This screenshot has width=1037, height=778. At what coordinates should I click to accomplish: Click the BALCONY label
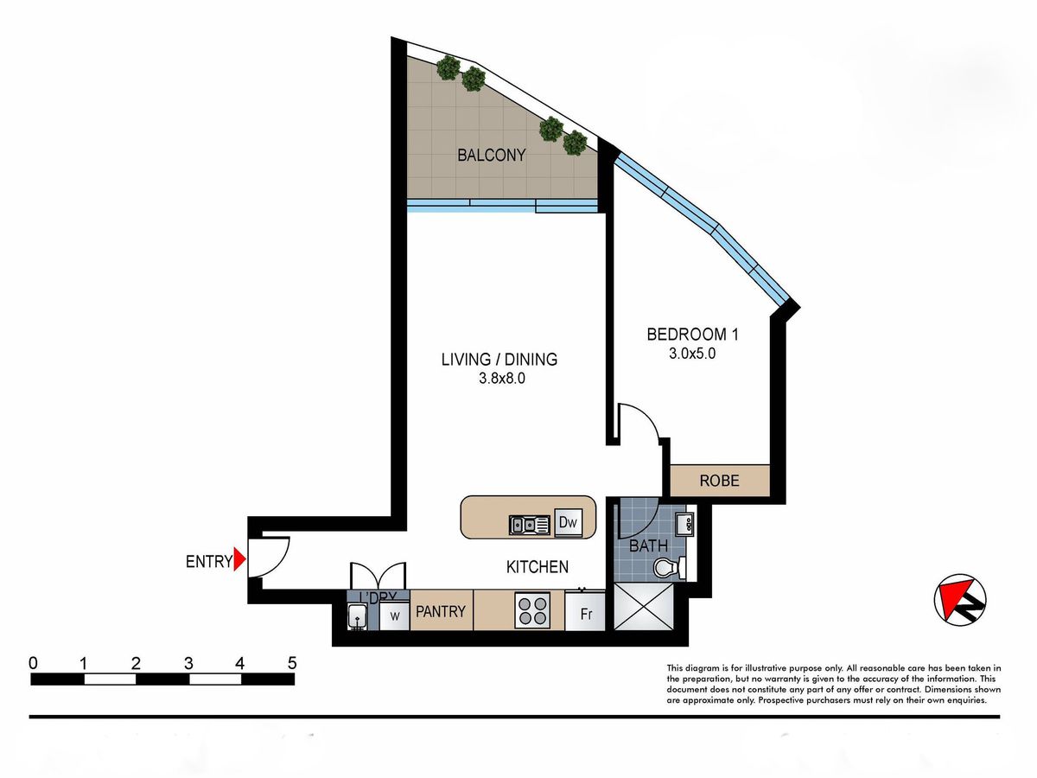[x=492, y=155]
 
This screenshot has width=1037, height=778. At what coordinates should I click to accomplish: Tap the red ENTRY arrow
[x=240, y=560]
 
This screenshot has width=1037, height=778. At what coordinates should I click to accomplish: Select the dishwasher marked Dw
[x=568, y=522]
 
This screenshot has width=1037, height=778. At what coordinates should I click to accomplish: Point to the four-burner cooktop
[x=533, y=611]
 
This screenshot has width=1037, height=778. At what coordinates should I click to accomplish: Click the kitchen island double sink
[x=530, y=525]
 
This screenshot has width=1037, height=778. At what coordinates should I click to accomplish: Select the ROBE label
[x=719, y=481]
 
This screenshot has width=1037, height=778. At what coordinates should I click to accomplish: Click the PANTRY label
[x=441, y=611]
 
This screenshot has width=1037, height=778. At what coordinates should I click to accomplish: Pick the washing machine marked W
[x=394, y=615]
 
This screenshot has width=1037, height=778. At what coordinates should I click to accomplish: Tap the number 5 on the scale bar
[x=292, y=663]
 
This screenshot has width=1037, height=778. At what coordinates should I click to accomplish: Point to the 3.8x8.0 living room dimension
[x=502, y=379]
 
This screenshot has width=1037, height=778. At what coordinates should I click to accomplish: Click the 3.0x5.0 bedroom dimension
[x=692, y=354]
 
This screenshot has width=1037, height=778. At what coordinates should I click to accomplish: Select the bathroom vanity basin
[x=684, y=525]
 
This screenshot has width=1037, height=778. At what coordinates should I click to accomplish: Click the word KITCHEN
[x=538, y=567]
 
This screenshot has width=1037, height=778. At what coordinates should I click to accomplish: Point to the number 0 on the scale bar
[x=33, y=663]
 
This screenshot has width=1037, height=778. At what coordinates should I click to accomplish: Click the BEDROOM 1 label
[x=692, y=335]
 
